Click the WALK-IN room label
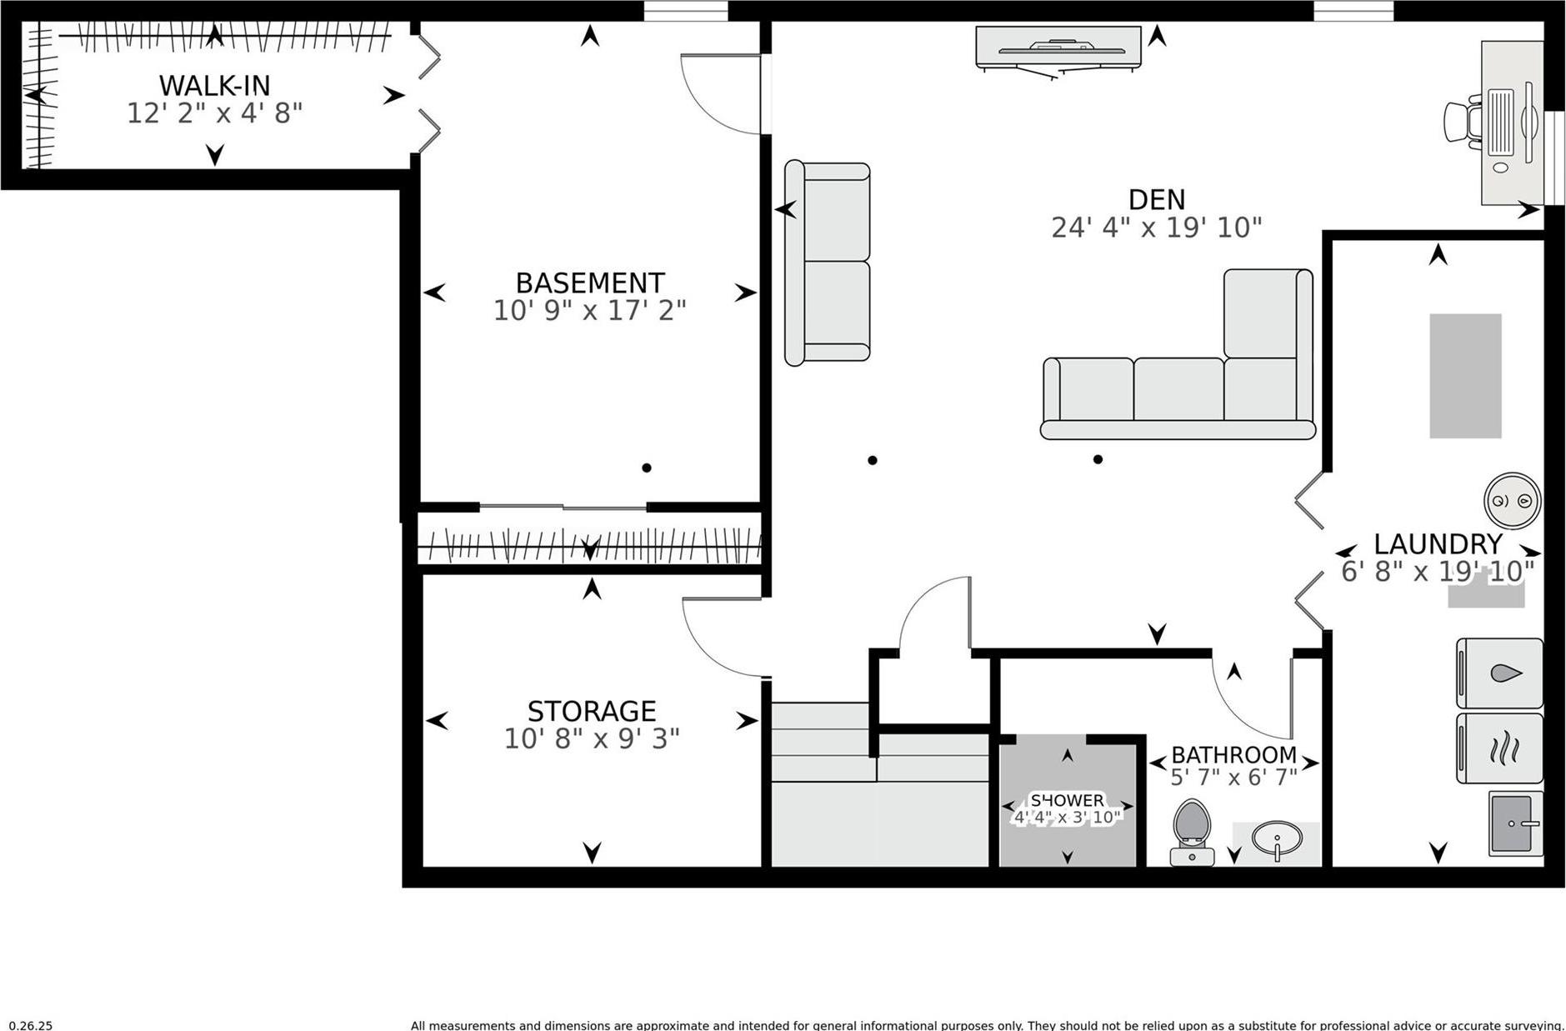coord(214,85)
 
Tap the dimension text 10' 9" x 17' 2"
coord(589,310)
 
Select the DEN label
coord(1156,199)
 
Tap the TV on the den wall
coord(1058,48)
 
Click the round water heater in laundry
coord(1512,501)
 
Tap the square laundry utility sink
coord(1514,823)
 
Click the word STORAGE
coord(591,711)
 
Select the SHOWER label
coord(1067,800)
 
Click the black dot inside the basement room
coord(646,468)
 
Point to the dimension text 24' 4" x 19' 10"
coord(1156,228)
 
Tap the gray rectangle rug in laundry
coord(1465,376)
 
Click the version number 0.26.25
coord(31,1025)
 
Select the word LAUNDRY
coord(1437,544)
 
